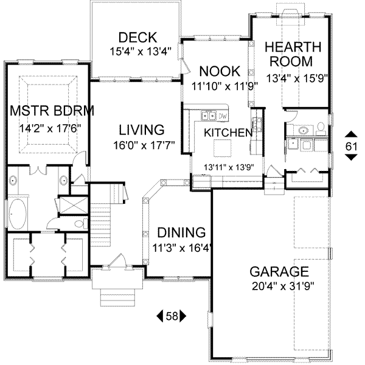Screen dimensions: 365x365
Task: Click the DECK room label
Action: point(137,37)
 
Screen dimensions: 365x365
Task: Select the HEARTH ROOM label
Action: point(290,55)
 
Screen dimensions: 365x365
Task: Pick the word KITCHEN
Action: point(228,133)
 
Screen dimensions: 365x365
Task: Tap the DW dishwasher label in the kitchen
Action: point(223,116)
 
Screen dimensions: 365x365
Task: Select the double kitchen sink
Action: point(208,115)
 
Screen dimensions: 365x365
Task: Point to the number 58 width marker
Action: point(172,316)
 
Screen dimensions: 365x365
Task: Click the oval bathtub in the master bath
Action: point(17,214)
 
